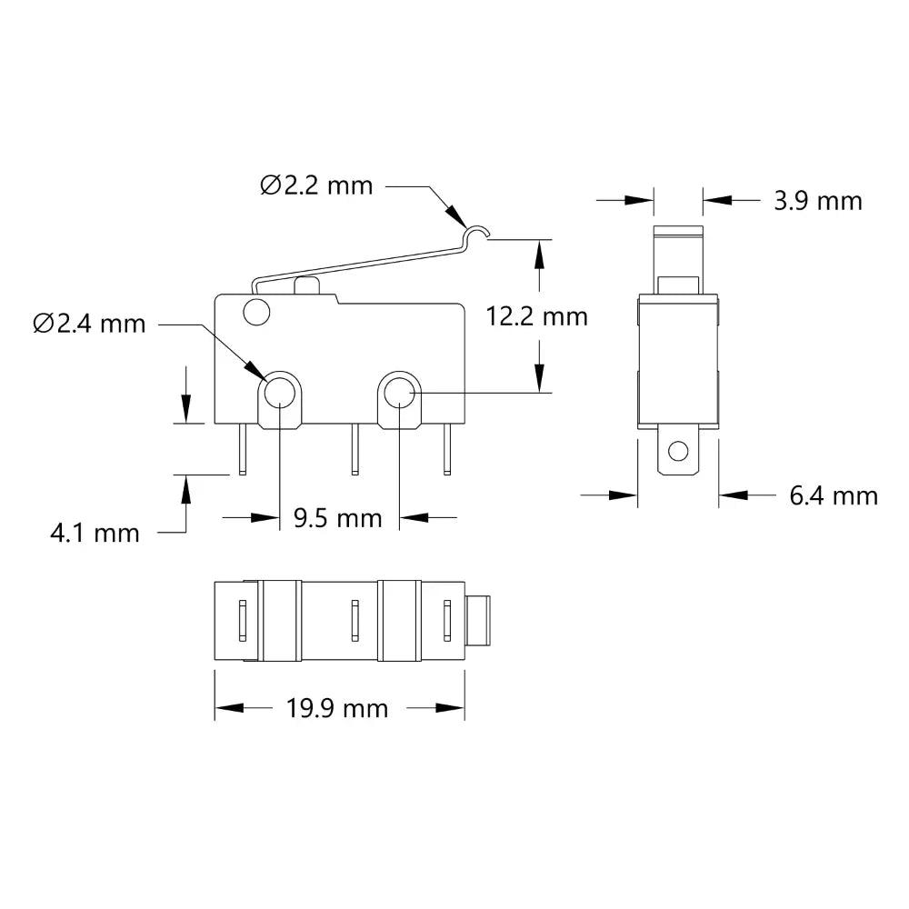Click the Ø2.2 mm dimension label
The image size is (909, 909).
316,185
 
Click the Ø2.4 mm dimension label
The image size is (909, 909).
89,324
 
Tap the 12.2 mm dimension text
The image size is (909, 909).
536,316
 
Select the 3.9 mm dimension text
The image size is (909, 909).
817,200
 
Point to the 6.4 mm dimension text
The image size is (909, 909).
834,495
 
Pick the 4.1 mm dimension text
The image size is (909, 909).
95,533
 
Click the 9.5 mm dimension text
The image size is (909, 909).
338,518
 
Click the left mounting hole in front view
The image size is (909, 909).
279,394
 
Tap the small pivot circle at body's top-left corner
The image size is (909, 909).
257,313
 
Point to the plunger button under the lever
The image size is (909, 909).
306,286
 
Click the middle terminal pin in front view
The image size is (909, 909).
355,450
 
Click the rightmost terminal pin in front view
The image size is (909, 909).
446,450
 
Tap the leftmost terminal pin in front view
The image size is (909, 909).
242,450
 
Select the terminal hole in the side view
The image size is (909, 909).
677,451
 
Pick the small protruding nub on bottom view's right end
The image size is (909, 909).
479,621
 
